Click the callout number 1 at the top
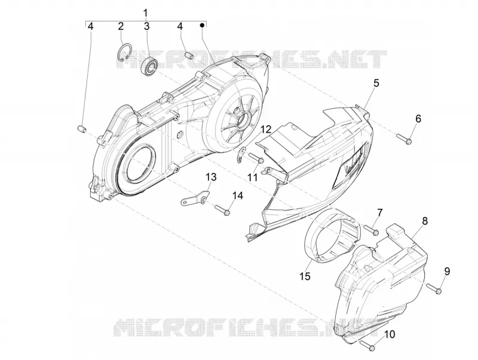[145, 13]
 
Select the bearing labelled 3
[149, 65]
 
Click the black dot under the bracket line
[201, 25]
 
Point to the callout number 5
[376, 83]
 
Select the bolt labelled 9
[434, 288]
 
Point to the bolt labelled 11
[256, 157]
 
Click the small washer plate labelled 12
[241, 154]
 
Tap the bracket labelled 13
[195, 199]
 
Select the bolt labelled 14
[222, 210]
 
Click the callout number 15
[305, 276]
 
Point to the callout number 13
[211, 176]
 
